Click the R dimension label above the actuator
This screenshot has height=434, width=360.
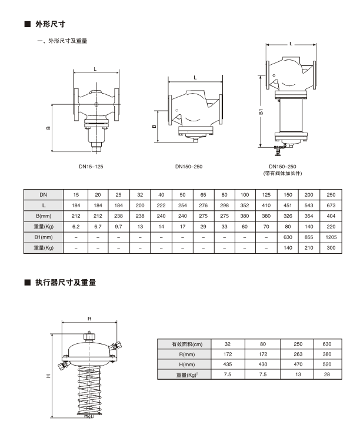click(x=89, y=318)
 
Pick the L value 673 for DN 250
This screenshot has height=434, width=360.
click(x=331, y=205)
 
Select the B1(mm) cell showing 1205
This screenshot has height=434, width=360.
click(x=331, y=237)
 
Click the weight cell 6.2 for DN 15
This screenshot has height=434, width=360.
click(x=75, y=226)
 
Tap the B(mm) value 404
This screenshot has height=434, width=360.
click(x=331, y=216)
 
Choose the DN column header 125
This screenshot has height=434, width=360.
click(x=267, y=194)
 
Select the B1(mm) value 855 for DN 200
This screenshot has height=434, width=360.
click(x=309, y=237)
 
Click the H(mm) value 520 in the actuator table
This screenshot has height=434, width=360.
click(x=326, y=365)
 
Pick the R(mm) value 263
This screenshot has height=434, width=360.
click(x=298, y=354)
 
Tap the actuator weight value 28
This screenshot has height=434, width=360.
click(x=326, y=375)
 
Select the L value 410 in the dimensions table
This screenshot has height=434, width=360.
click(x=267, y=205)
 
